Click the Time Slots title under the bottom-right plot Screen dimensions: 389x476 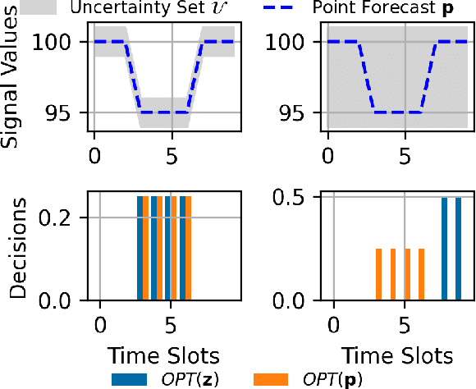(396, 356)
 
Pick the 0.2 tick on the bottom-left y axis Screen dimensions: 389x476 (58, 217)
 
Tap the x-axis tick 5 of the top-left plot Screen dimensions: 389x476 (171, 153)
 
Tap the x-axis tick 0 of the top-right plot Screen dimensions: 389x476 (328, 153)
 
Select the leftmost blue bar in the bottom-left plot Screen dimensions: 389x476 (140, 249)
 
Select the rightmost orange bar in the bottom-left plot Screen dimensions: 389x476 (188, 249)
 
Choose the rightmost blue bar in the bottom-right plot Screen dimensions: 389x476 (459, 249)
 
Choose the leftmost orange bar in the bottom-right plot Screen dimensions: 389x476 (378, 275)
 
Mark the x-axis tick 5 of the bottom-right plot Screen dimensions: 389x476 (404, 323)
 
